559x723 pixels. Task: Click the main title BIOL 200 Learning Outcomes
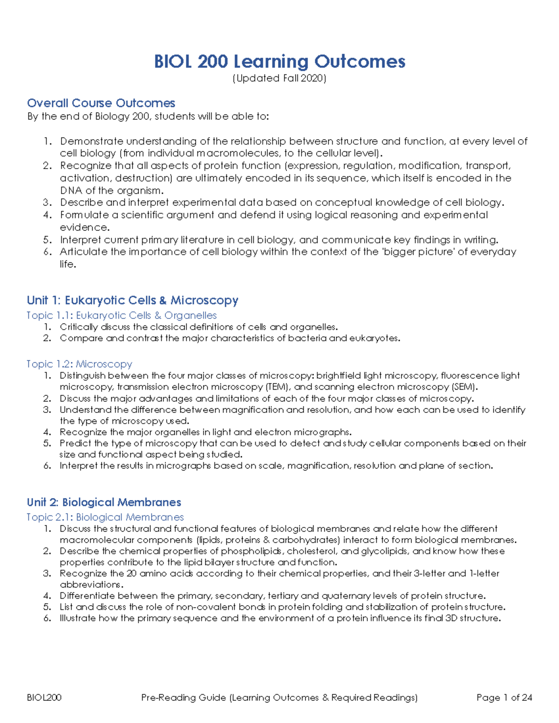click(279, 61)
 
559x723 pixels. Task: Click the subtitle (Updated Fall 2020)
click(279, 78)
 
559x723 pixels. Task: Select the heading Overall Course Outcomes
click(101, 103)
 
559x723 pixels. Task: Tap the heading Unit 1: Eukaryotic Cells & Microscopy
click(133, 300)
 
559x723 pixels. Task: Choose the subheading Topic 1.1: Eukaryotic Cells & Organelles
click(122, 315)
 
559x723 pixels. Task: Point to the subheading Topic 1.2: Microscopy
click(79, 364)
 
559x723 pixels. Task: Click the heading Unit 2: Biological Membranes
click(104, 502)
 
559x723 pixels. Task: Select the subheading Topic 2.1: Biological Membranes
click(105, 517)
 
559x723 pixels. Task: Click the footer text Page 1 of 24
click(504, 697)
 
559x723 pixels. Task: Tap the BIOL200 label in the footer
click(44, 697)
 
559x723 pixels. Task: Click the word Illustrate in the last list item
click(77, 618)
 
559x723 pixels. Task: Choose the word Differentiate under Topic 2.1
click(87, 596)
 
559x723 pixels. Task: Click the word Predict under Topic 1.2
click(75, 443)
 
